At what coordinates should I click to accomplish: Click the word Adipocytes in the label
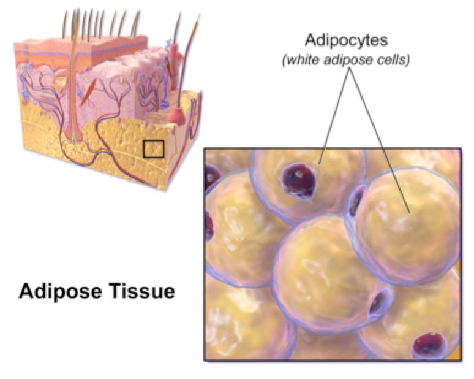[x=346, y=40]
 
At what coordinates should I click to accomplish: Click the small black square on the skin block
[x=154, y=149]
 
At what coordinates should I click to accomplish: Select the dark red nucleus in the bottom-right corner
[x=429, y=346]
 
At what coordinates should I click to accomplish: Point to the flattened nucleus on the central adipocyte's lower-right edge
[x=378, y=304]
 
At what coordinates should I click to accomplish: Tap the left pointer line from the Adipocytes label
[x=334, y=116]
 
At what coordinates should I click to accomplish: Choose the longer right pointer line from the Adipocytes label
[x=380, y=140]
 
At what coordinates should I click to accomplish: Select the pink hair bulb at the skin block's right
[x=177, y=116]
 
